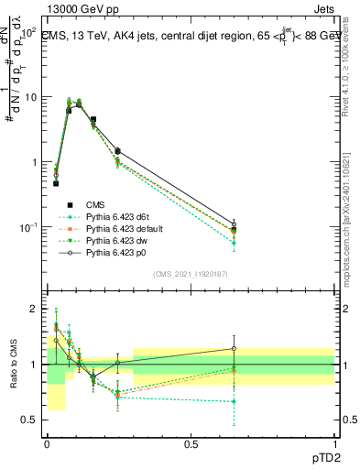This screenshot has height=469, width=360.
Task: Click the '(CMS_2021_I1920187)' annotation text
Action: pos(190,274)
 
